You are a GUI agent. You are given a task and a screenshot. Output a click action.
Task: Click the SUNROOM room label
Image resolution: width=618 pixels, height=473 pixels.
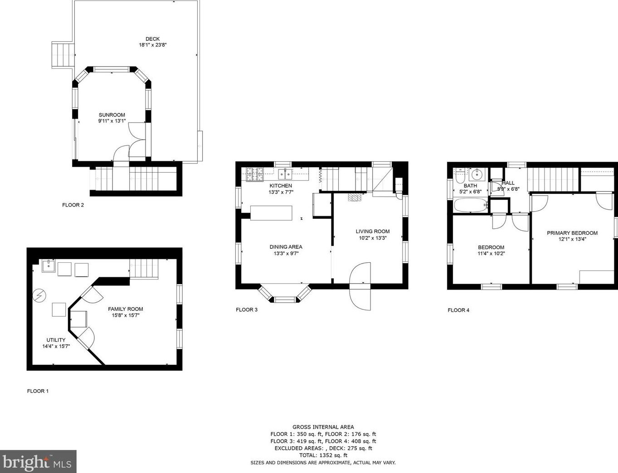tap(112, 115)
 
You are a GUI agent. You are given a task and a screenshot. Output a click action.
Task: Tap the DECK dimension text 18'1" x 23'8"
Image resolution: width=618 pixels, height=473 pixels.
tap(152, 45)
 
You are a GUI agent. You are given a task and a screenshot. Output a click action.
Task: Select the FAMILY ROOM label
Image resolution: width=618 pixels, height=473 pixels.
tap(126, 309)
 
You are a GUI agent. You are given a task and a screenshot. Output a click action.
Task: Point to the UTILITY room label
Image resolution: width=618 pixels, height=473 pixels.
tap(56, 340)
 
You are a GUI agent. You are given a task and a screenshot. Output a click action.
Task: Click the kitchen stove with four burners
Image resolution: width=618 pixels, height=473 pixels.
tap(255, 174)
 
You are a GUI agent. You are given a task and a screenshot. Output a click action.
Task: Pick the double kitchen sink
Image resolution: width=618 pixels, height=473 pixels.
tap(285, 174)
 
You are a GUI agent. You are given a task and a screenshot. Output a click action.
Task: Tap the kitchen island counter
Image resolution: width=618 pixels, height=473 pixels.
tap(271, 213)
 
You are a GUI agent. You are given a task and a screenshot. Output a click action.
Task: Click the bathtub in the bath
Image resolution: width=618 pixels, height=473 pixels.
tap(471, 205)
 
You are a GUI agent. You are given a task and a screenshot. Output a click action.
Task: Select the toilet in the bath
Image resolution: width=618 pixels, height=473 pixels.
tap(460, 176)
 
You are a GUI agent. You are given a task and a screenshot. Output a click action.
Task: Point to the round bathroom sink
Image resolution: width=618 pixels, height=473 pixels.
tap(476, 174)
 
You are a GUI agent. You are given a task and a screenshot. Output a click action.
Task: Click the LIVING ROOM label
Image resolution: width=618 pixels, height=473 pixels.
tap(373, 232)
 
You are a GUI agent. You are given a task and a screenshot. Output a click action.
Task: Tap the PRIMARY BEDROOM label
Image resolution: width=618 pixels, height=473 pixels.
tap(572, 233)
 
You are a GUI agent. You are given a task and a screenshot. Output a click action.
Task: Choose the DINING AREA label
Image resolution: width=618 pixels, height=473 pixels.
tap(286, 247)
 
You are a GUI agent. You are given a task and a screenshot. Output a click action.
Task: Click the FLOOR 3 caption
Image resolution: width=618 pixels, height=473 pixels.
tap(247, 309)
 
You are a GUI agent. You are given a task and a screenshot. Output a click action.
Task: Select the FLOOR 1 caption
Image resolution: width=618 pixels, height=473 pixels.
tap(38, 391)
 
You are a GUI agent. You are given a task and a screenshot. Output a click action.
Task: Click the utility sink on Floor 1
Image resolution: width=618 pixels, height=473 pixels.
tap(49, 266)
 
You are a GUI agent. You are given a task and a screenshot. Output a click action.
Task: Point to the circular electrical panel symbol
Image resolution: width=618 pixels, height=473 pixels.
tap(39, 295)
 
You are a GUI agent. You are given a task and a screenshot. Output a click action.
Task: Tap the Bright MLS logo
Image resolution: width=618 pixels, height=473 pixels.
tap(38, 462)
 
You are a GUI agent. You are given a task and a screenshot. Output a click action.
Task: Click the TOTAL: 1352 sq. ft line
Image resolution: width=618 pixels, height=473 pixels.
tap(323, 455)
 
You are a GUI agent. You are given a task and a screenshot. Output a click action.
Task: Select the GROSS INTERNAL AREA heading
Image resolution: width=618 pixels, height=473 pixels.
tap(323, 427)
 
